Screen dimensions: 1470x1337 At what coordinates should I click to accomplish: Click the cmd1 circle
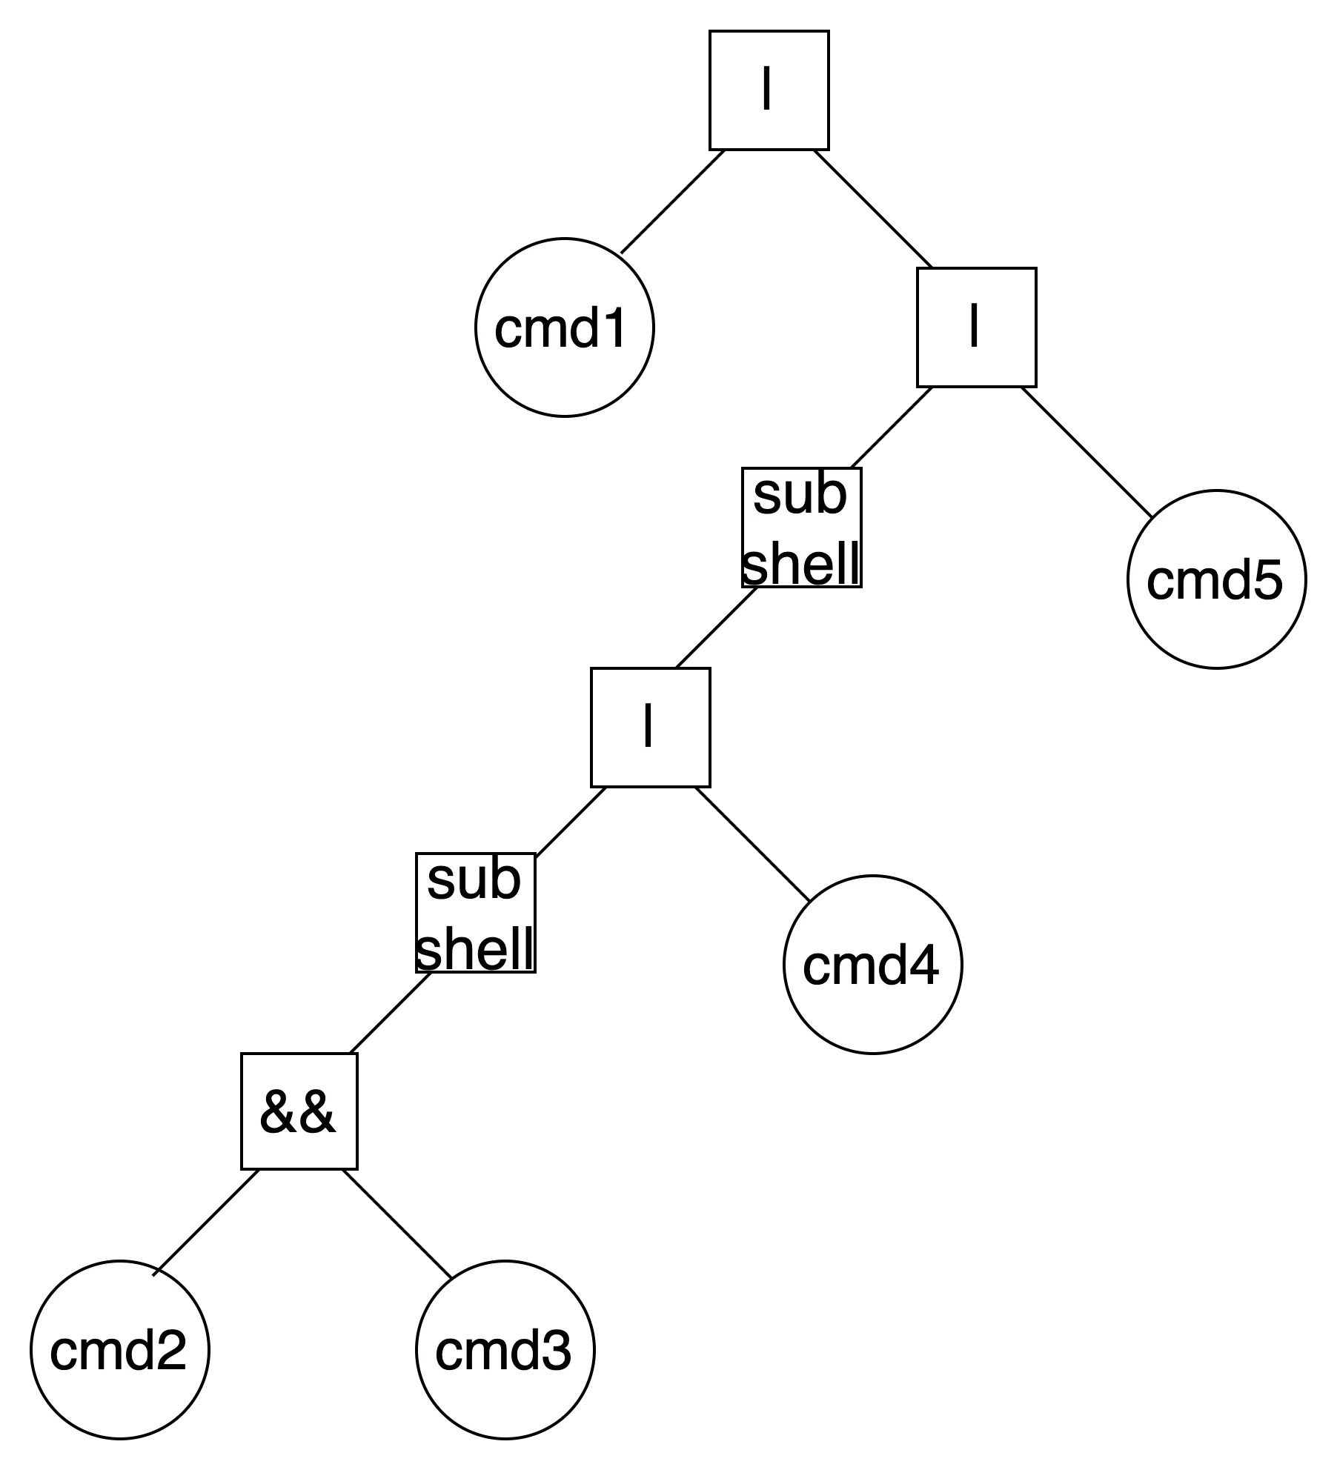(564, 327)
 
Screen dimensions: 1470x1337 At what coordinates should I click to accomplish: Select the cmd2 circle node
(119, 1350)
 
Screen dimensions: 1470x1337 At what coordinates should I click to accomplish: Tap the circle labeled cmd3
(505, 1350)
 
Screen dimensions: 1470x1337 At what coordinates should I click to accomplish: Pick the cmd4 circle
(872, 965)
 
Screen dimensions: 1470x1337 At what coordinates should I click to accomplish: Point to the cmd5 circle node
(1216, 579)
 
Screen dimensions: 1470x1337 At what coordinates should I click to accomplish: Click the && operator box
(299, 1111)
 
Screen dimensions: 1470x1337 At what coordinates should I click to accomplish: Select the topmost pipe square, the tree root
(769, 90)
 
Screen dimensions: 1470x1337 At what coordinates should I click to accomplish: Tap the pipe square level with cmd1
(976, 327)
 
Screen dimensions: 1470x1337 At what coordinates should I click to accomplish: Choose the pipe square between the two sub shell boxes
(650, 728)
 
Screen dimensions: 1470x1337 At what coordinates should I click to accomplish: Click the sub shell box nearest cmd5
(801, 528)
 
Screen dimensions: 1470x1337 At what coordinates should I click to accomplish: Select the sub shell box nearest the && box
(475, 913)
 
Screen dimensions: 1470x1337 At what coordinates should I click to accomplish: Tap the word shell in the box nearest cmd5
(801, 563)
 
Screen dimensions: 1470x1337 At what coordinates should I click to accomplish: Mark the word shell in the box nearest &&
(475, 948)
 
